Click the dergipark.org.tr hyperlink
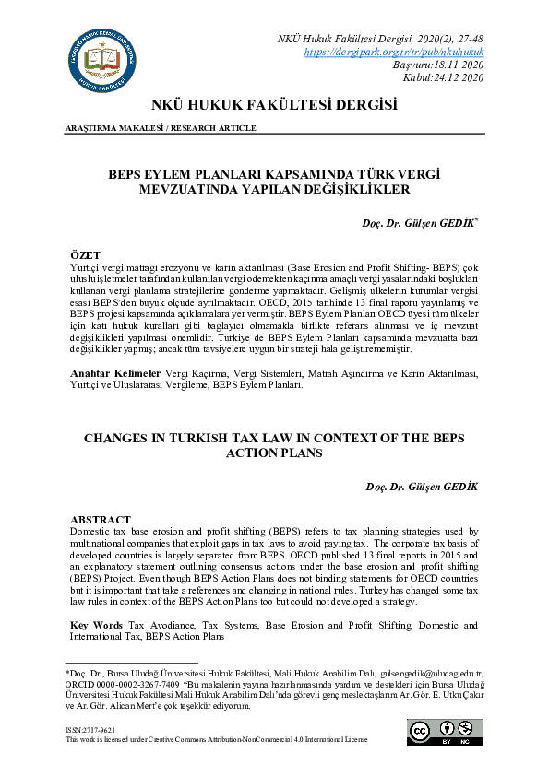[x=394, y=53]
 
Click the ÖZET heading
[x=86, y=253]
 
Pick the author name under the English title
[x=421, y=488]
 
